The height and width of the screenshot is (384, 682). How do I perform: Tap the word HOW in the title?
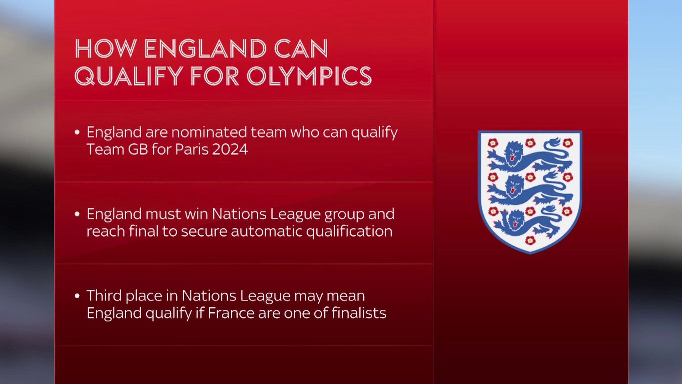[x=106, y=49]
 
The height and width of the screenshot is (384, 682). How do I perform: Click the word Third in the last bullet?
[x=103, y=296]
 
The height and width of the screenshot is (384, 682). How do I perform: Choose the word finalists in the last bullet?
[x=359, y=313]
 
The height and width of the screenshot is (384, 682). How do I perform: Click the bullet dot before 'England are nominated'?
[x=77, y=132]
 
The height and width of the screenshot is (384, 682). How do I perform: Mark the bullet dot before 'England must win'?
[x=77, y=214]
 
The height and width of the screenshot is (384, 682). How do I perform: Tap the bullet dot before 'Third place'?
[x=77, y=296]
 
